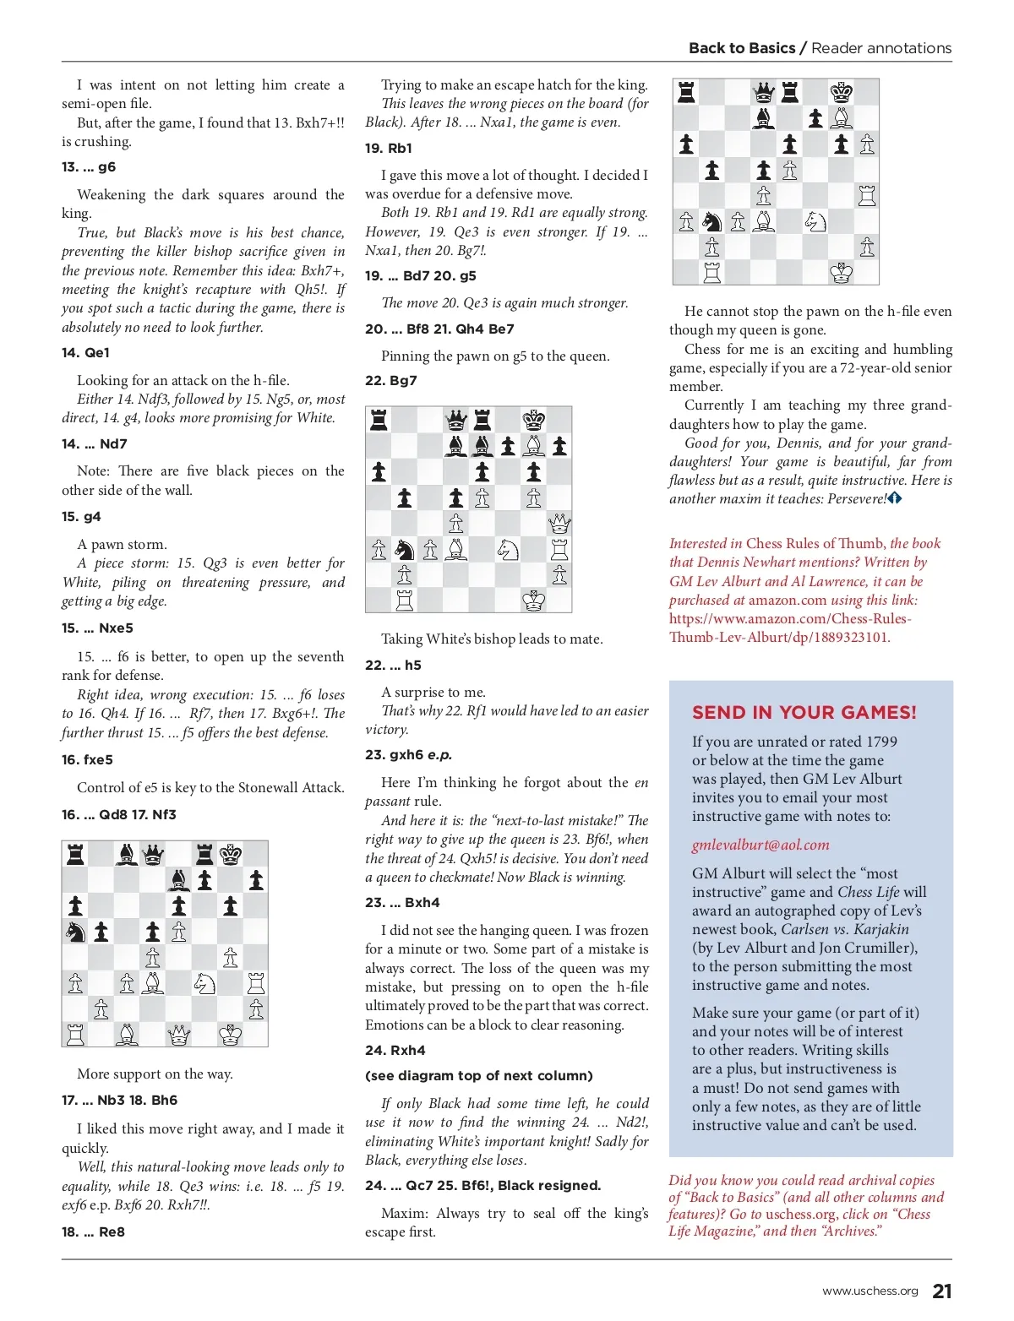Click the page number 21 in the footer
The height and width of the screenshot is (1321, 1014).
point(941,1291)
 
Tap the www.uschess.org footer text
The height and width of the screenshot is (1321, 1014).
point(870,1291)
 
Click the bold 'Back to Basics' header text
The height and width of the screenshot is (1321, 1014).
point(742,48)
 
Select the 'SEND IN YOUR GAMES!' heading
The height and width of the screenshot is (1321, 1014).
point(804,712)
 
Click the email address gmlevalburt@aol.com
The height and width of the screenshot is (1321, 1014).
point(760,845)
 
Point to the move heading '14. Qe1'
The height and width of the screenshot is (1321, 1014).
point(85,353)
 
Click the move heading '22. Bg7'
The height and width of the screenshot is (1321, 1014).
point(391,381)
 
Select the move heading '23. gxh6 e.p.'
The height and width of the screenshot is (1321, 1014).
point(408,755)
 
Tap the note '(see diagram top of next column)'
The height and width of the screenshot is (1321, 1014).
point(478,1076)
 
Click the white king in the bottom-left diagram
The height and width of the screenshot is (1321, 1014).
point(230,1033)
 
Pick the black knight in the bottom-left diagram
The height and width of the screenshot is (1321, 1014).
point(76,932)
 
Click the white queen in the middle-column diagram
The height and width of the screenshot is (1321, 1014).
point(559,524)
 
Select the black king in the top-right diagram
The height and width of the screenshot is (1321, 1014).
point(841,92)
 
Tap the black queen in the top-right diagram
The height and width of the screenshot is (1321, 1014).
point(764,92)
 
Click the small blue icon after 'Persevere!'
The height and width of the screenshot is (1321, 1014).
point(895,498)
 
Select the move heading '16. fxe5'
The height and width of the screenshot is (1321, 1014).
point(87,760)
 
